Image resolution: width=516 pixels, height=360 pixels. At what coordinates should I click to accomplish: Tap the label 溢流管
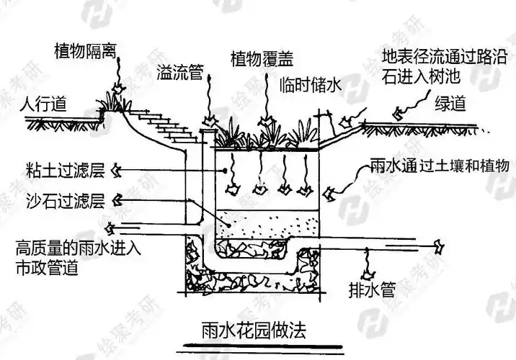[179, 72]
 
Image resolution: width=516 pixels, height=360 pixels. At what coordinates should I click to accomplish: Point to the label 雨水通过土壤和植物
[433, 166]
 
